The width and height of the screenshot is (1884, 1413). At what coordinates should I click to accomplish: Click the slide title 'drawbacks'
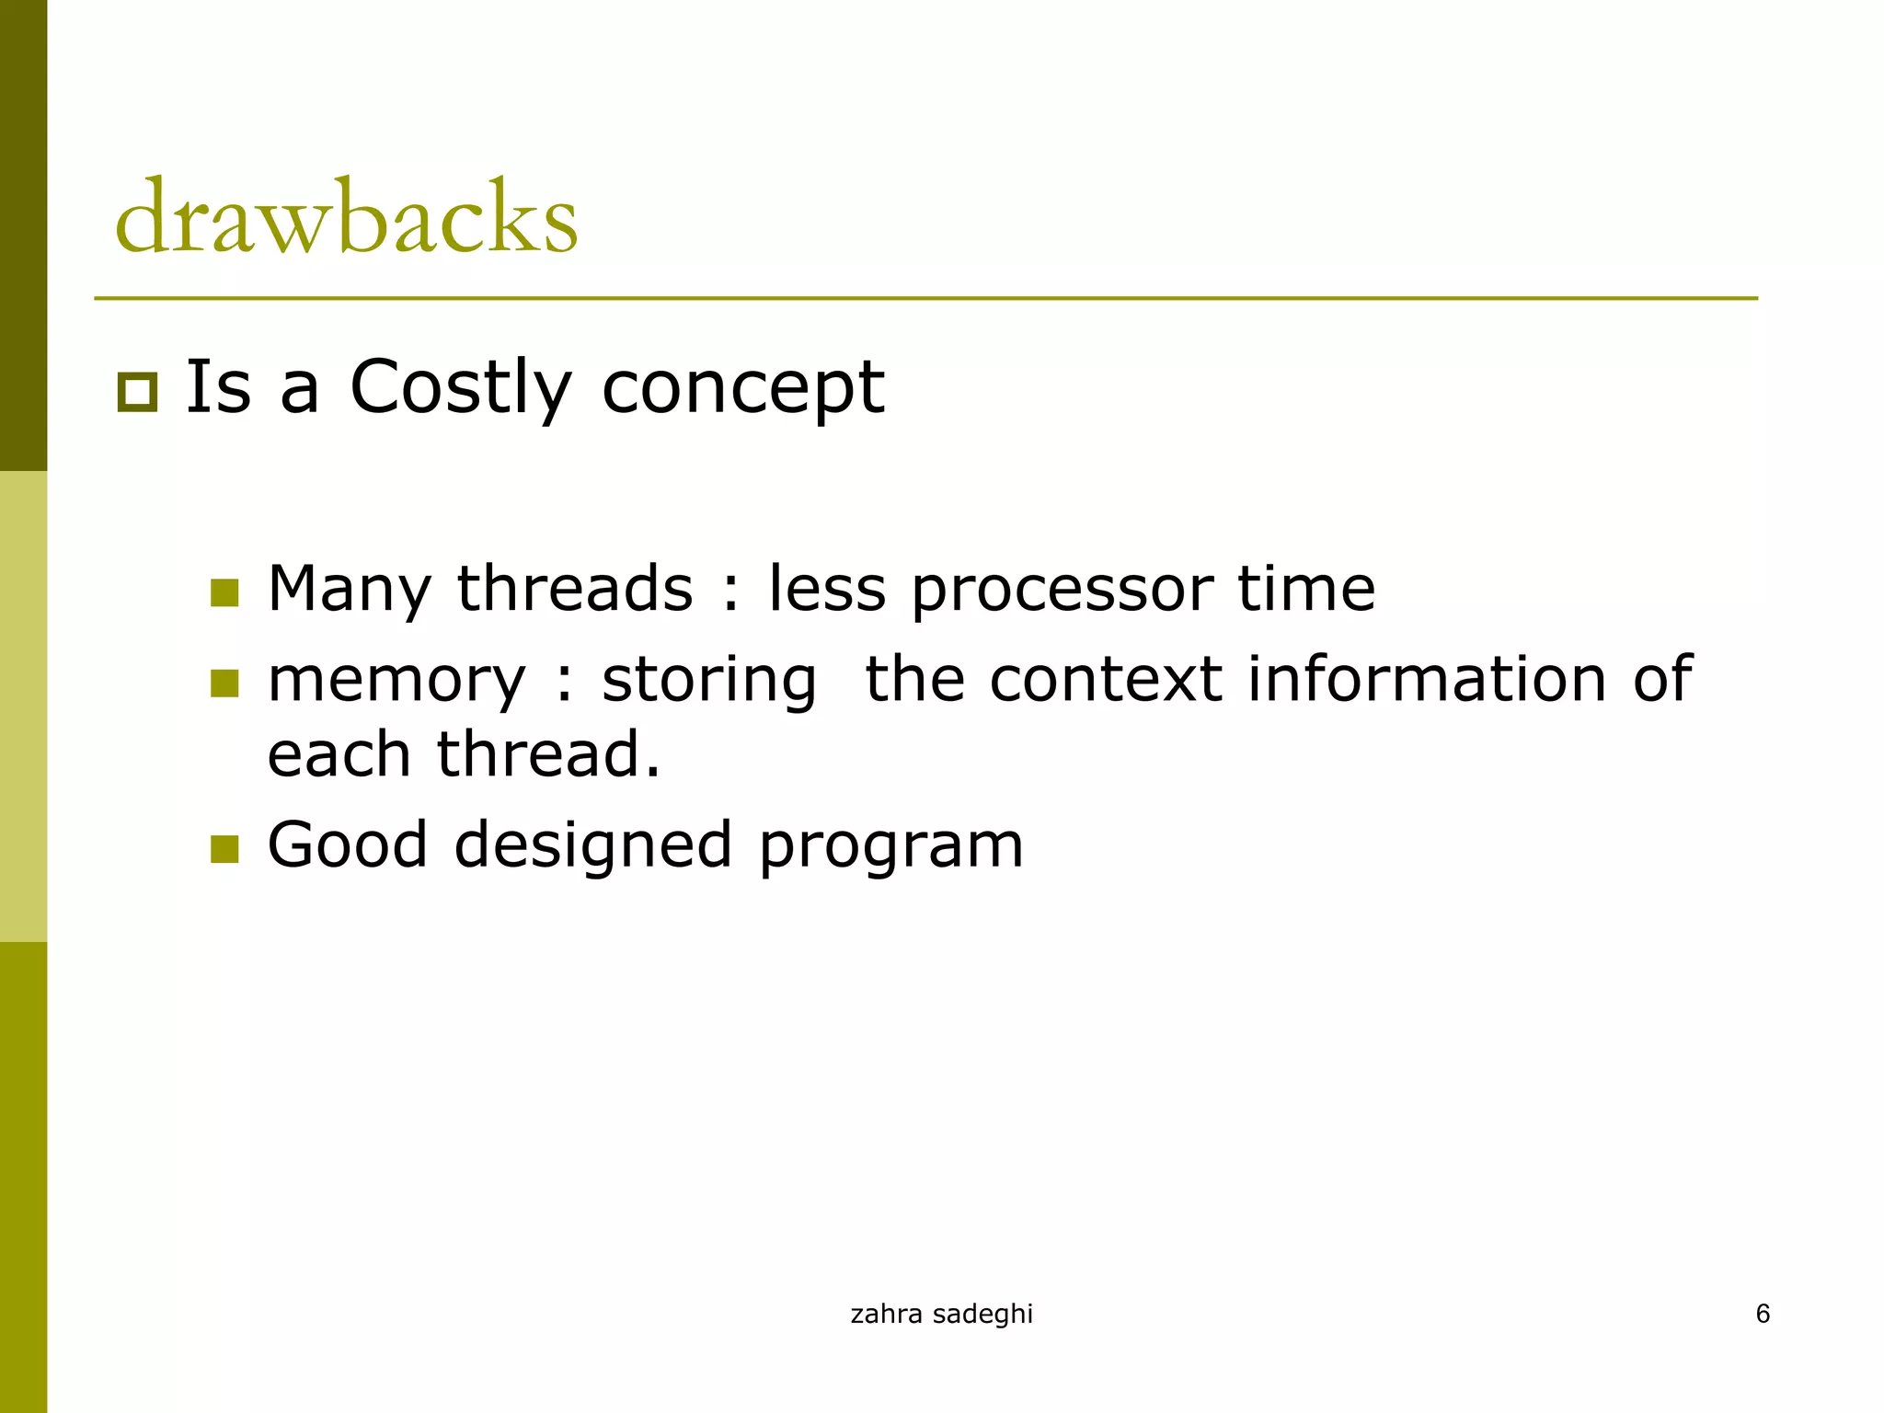point(346,218)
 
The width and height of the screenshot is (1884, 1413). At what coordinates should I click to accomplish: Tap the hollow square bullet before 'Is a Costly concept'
point(138,393)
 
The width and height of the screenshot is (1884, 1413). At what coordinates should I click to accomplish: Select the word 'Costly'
point(461,388)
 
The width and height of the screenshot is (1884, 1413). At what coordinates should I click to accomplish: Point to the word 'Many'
point(349,590)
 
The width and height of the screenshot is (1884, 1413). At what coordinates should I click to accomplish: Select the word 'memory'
point(396,682)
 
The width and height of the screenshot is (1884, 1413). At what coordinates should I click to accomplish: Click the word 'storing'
point(709,682)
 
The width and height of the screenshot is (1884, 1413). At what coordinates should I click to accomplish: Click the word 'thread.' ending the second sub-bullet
point(548,754)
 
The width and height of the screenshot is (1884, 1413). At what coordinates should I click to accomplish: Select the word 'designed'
point(593,846)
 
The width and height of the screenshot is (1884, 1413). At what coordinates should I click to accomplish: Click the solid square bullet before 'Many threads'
point(224,592)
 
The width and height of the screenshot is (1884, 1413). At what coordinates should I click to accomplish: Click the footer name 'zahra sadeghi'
point(941,1314)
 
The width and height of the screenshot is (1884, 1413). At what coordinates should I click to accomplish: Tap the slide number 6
point(1763,1313)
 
